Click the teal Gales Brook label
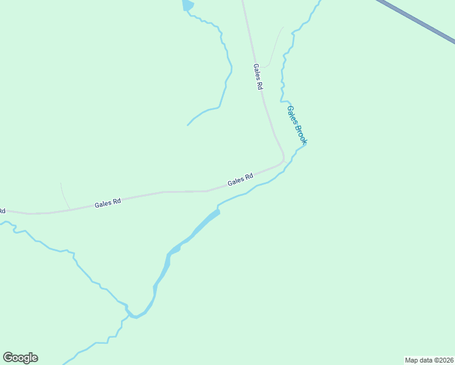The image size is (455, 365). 297,125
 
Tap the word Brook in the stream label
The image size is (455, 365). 301,134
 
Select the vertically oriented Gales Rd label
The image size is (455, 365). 258,77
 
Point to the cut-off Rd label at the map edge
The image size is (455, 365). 2,211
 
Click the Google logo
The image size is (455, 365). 20,358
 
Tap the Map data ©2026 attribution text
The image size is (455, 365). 429,360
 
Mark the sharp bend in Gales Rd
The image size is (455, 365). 282,159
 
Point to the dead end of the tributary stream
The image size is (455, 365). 187,125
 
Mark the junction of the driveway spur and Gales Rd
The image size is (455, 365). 69,209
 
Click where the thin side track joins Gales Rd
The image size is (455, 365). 261,68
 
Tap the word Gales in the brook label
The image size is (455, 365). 292,116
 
